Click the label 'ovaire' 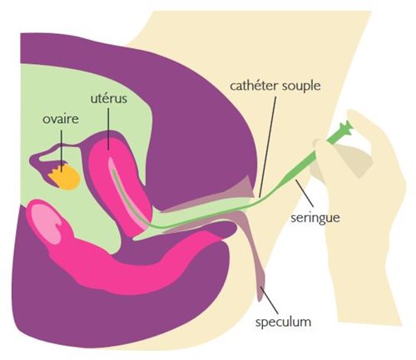(61, 119)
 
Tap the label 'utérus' (109, 98)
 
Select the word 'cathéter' (254, 86)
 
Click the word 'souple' (301, 86)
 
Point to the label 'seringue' (315, 218)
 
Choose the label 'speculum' (283, 323)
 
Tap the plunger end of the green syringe (347, 126)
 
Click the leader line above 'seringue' (305, 194)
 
